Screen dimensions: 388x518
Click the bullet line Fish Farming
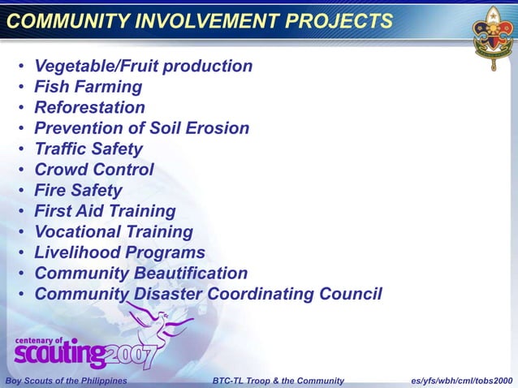tap(88, 87)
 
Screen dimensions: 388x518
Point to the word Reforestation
tap(89, 107)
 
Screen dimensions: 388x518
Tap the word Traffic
tap(62, 149)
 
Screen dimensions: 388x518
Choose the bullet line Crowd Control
tap(93, 170)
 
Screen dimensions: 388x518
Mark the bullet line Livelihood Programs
tap(119, 252)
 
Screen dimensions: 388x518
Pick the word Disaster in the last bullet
tap(165, 294)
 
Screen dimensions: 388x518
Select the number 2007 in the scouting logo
tap(136, 353)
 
